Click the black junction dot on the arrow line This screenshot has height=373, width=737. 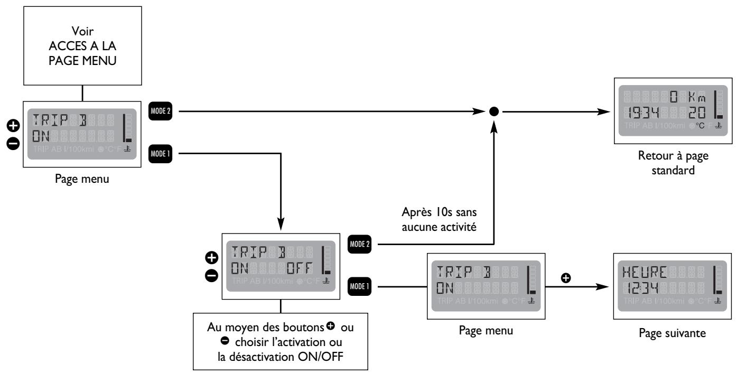click(x=494, y=111)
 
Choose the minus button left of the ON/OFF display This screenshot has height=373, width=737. click(x=210, y=275)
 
